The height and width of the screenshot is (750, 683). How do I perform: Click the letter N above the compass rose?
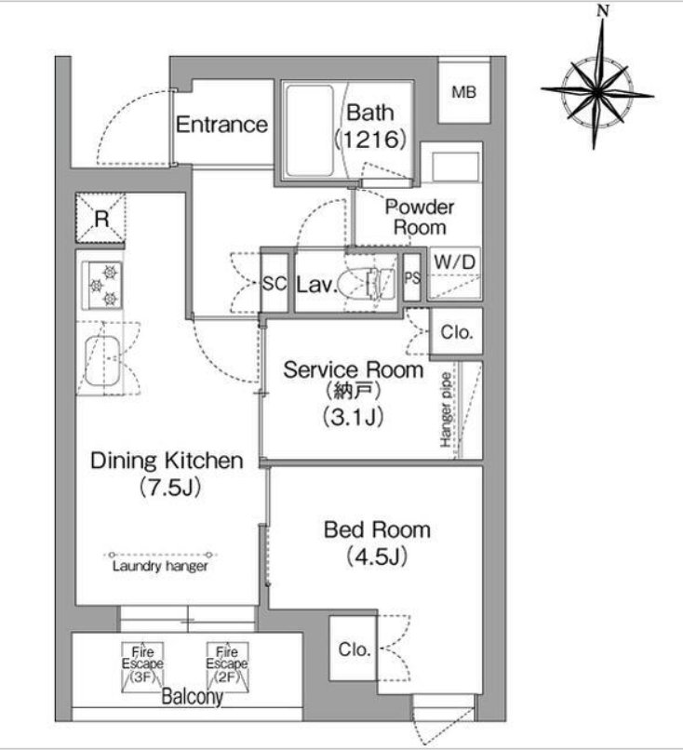603,10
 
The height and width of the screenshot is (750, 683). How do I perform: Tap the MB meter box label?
464,92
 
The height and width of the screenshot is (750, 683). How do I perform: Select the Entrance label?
221,125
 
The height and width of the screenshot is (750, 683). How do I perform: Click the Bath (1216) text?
370,126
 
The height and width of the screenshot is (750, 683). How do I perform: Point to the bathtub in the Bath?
309,131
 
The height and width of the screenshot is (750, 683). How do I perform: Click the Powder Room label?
420,217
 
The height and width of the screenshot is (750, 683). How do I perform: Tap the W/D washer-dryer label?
455,262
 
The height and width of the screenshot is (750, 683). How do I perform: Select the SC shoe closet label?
275,284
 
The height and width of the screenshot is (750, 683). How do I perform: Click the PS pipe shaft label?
412,277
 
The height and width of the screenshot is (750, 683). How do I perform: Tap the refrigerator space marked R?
100,218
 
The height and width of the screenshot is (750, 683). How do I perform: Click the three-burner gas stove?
102,285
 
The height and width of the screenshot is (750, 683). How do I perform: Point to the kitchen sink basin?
102,361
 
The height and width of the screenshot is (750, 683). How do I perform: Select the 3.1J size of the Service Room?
354,417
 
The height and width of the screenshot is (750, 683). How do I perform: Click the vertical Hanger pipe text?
446,410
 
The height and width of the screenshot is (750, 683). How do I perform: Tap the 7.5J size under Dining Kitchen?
169,488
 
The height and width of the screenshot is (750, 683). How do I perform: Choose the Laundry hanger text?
160,567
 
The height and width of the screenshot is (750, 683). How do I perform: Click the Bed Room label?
378,530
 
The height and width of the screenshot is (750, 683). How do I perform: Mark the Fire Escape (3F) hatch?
142,667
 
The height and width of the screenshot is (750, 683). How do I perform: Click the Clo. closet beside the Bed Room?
355,650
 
